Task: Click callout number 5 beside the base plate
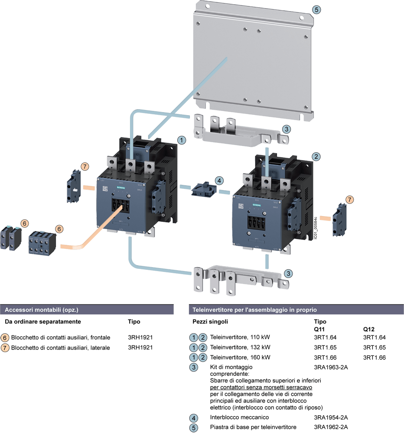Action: coord(317,10)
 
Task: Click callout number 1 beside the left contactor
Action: coord(182,140)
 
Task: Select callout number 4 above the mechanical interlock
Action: coord(220,180)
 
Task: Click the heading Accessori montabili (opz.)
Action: coord(41,310)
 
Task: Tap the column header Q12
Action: coord(368,329)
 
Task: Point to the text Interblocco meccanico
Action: coord(239,417)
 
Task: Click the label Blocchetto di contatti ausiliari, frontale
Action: coord(61,337)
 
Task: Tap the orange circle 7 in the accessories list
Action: coord(5,347)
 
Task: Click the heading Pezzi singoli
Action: coord(210,322)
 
